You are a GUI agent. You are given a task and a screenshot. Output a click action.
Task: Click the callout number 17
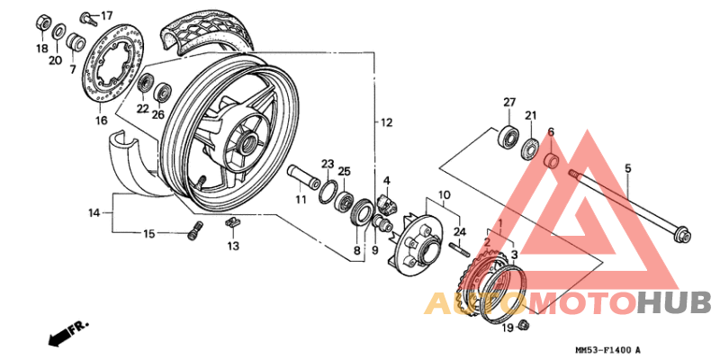107,15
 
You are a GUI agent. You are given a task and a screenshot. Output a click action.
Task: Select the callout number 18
41,48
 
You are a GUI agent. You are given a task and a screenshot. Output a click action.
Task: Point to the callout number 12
385,122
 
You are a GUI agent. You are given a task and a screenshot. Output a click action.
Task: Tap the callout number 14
94,213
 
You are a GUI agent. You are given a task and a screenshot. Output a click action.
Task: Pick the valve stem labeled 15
193,233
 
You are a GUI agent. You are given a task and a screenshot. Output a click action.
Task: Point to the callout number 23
328,164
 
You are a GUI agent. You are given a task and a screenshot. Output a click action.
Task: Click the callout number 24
461,231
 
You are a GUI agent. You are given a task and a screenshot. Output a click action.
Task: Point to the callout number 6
550,132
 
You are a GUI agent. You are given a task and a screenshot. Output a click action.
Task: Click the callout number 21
531,115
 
